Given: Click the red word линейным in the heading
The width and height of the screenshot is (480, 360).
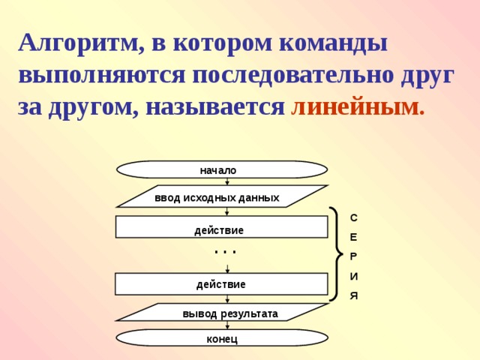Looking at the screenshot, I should click(357, 107).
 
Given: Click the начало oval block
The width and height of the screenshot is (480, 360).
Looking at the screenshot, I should click(222, 170).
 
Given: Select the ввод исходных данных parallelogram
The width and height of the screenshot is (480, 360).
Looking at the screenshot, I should click(222, 197).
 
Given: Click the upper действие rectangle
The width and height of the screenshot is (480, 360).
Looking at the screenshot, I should click(221, 227).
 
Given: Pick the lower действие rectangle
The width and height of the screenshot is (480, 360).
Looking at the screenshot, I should click(221, 284).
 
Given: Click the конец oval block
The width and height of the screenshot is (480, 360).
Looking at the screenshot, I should click(222, 338).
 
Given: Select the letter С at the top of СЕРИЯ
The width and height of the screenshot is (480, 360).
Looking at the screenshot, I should click(354, 218).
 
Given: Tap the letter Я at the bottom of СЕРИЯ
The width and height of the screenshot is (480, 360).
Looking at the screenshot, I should click(354, 296).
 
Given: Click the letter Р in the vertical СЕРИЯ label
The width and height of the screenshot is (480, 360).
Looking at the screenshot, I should click(354, 256).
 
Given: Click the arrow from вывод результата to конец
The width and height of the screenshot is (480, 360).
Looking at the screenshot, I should click(227, 325).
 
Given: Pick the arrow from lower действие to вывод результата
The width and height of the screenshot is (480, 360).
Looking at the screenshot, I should click(227, 298).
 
